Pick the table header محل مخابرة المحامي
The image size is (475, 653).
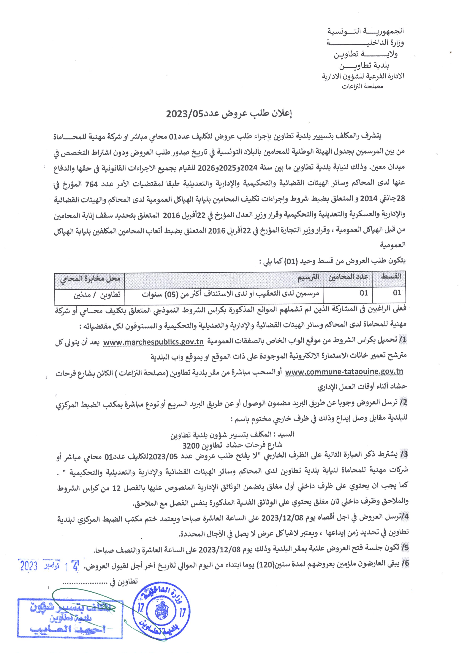pos(90,278)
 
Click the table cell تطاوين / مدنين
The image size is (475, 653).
pos(97,294)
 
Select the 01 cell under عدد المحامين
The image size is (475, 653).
pos(364,293)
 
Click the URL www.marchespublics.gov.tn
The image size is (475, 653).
pos(153,342)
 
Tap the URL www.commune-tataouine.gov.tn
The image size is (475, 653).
pos(344,372)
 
